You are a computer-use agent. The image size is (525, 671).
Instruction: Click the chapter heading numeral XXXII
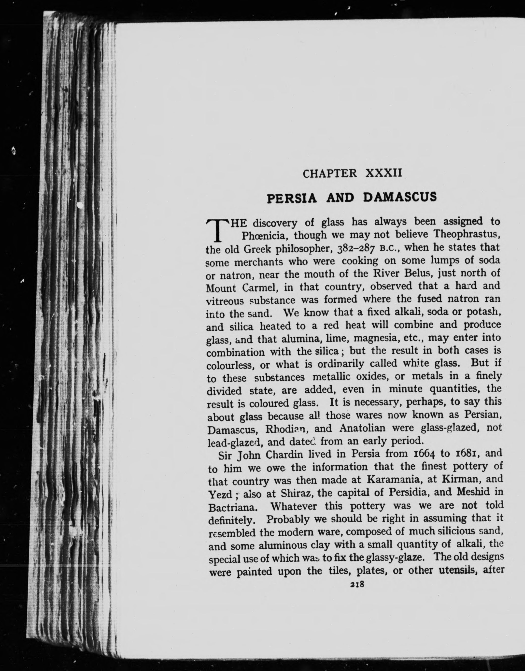tap(383, 173)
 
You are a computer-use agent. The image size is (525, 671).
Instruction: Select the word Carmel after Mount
tap(260, 288)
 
